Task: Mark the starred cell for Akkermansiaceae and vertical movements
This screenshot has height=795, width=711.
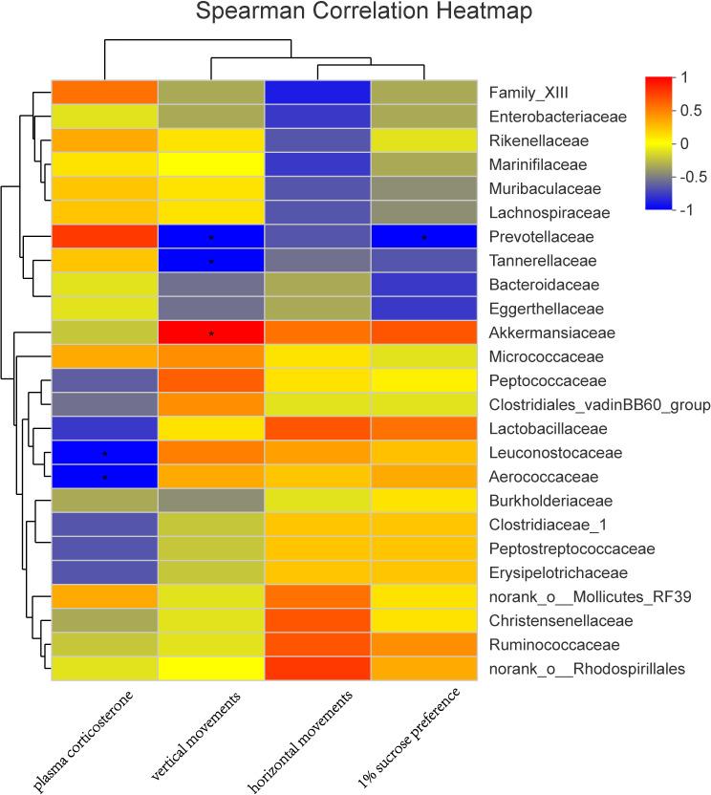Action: click(x=211, y=333)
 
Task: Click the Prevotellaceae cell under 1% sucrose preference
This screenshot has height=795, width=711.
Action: click(x=424, y=236)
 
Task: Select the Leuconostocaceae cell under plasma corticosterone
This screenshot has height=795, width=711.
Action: click(x=104, y=452)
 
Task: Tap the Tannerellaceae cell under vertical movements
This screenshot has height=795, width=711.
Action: click(x=211, y=260)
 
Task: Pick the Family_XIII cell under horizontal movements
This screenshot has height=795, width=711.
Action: click(x=317, y=93)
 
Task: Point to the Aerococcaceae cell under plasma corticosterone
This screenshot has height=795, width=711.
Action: click(x=104, y=476)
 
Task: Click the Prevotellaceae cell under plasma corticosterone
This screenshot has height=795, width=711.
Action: click(x=104, y=236)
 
